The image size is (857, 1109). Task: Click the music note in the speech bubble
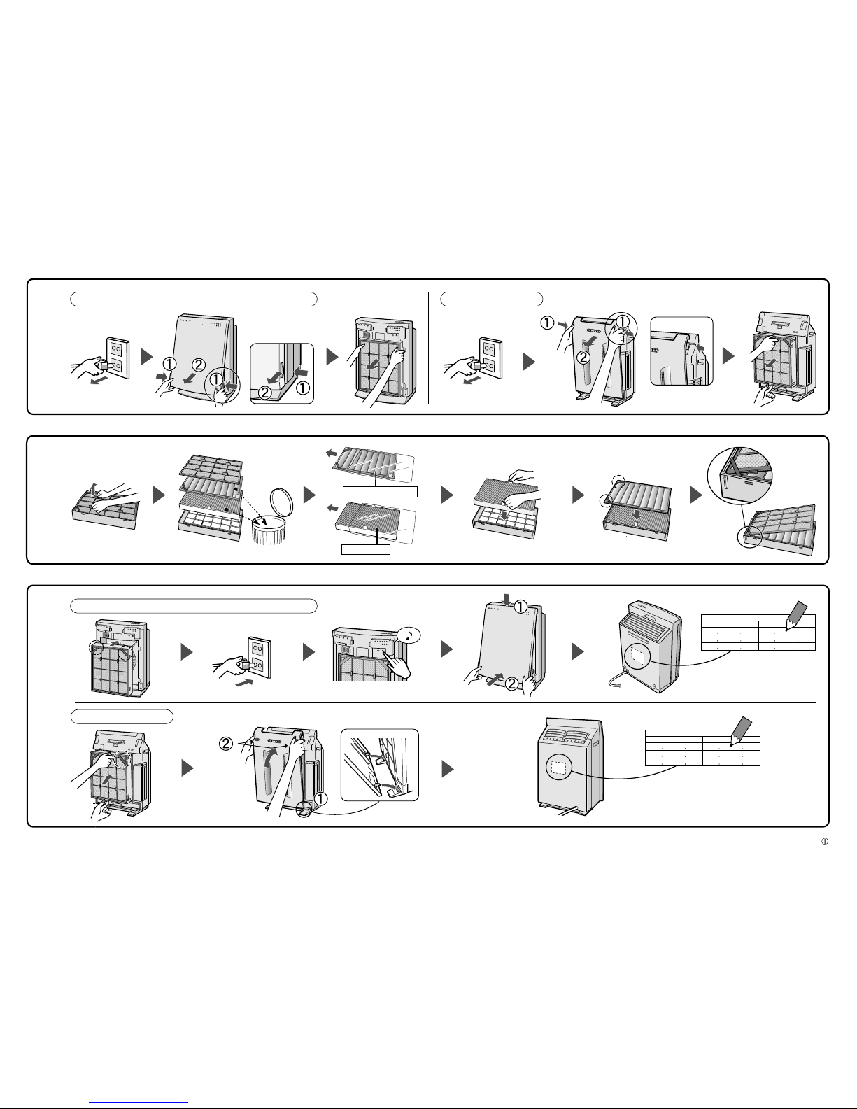coord(409,635)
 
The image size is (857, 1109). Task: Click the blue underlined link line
coord(139,1103)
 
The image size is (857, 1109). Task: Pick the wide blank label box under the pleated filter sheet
coord(380,491)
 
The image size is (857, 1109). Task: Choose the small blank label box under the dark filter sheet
coord(366,549)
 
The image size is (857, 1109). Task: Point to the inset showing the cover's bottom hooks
coord(379,765)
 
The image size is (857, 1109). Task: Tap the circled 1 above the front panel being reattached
coord(520,607)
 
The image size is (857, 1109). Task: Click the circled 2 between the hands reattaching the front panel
coord(512,683)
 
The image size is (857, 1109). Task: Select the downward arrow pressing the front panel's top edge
coord(506,599)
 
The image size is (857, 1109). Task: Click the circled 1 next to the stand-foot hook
coord(320,798)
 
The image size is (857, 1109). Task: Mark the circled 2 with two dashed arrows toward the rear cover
coord(226,744)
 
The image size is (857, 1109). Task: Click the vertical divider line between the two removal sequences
coord(428,348)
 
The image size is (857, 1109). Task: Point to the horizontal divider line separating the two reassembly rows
coord(446,702)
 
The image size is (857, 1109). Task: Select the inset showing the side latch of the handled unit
coord(681,351)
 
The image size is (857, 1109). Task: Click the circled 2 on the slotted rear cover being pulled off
coord(583,358)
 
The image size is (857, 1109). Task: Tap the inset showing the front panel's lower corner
coord(281,374)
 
